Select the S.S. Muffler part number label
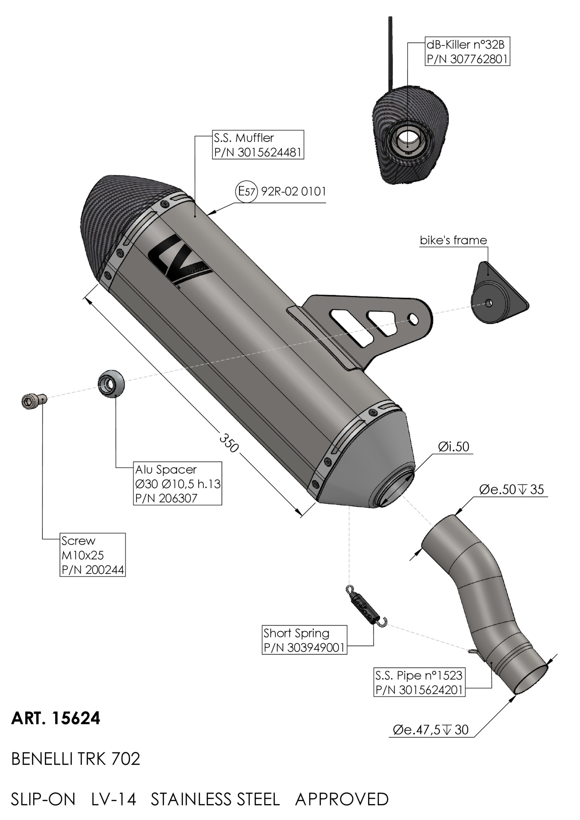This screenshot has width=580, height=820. (258, 145)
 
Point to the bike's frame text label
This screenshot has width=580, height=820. (453, 240)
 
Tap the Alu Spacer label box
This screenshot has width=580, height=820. (177, 483)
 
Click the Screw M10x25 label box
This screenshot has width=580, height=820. (93, 555)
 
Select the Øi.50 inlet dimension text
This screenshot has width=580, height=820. (454, 447)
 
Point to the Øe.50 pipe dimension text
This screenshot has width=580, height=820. (511, 490)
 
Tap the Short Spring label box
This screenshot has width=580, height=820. (304, 640)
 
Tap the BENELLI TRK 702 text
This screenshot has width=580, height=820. (76, 759)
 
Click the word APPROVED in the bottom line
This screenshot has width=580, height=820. (342, 799)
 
